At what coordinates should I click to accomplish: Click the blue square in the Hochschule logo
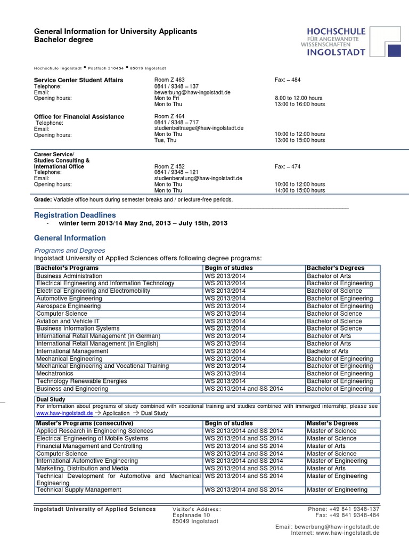(x=394, y=51)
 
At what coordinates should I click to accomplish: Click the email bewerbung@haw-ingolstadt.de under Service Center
(x=192, y=92)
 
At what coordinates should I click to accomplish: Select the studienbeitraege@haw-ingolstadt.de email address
(x=199, y=128)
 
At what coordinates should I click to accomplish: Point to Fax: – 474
(x=288, y=166)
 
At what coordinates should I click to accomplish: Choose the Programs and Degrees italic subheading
(x=70, y=250)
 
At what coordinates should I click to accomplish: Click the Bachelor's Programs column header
(x=67, y=268)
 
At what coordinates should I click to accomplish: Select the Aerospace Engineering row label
(x=68, y=306)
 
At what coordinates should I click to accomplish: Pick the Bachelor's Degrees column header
(x=336, y=268)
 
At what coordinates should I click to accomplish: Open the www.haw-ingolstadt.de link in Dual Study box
(x=64, y=413)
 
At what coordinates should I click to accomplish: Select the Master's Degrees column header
(x=332, y=423)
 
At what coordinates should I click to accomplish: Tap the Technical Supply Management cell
(x=79, y=489)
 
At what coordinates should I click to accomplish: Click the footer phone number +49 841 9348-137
(x=343, y=509)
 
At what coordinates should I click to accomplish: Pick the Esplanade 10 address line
(x=192, y=516)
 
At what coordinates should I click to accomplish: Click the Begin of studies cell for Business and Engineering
(x=243, y=389)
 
